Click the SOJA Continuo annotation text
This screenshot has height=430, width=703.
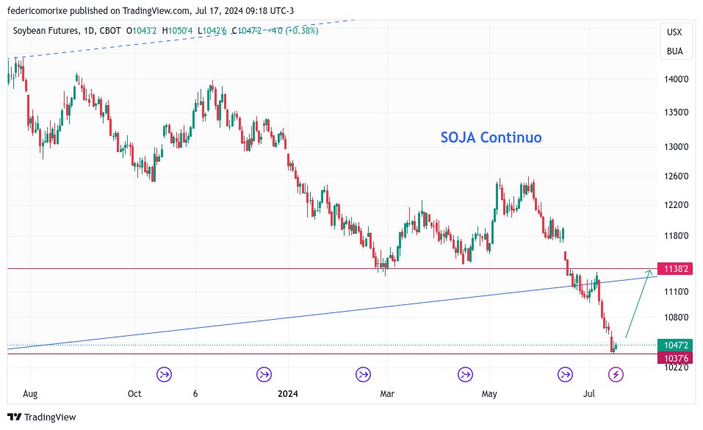pyautogui.click(x=491, y=137)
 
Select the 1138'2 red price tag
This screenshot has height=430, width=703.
pyautogui.click(x=675, y=269)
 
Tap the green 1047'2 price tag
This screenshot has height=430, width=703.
pyautogui.click(x=675, y=345)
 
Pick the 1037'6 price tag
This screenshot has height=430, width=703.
pyautogui.click(x=675, y=357)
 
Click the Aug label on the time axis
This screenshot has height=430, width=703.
pyautogui.click(x=30, y=394)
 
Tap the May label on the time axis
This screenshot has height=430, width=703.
pyautogui.click(x=489, y=394)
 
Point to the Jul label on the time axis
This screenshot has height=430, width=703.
pyautogui.click(x=588, y=394)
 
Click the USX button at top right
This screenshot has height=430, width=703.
pyautogui.click(x=674, y=32)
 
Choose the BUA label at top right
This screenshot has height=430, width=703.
pyautogui.click(x=674, y=51)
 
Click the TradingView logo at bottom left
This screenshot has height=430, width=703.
pyautogui.click(x=42, y=417)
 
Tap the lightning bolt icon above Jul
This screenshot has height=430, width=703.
pyautogui.click(x=616, y=375)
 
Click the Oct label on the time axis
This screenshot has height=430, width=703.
pyautogui.click(x=134, y=394)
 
